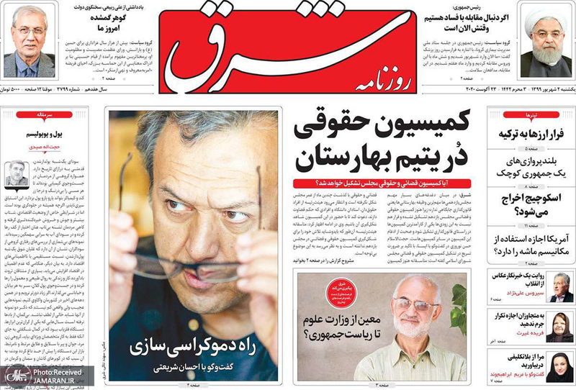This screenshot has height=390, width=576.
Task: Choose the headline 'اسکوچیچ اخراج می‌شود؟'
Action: pyautogui.click(x=530, y=205)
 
